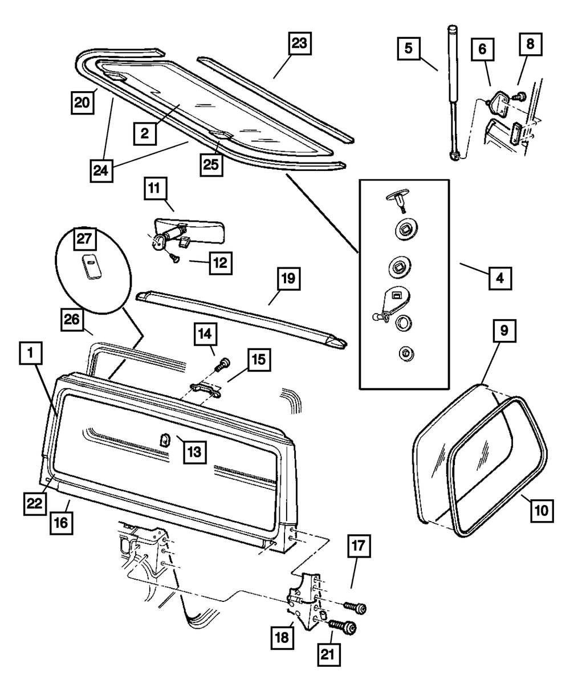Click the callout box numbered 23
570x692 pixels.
300,43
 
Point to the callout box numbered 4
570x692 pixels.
499,280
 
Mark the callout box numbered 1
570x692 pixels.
32,356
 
